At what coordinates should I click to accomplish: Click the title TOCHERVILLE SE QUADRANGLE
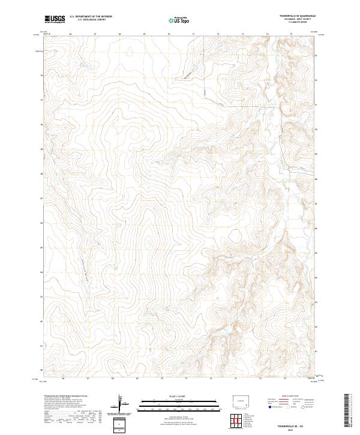click(x=298, y=16)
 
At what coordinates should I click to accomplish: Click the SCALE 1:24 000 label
click(x=171, y=397)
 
